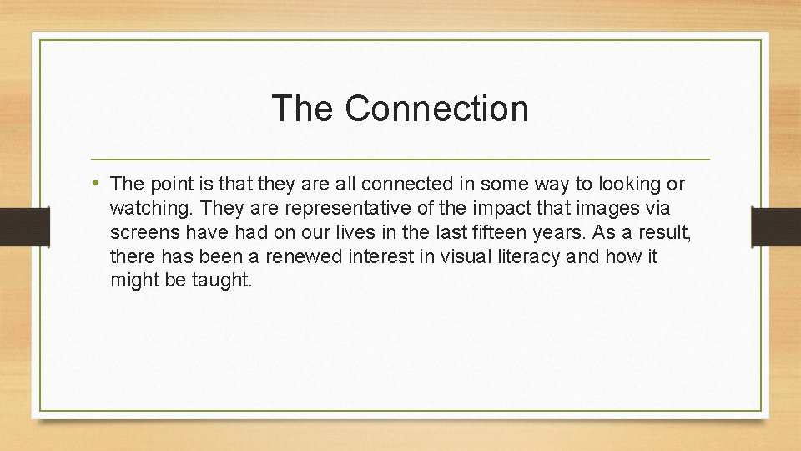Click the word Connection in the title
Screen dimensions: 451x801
(x=436, y=109)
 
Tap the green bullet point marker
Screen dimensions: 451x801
(x=98, y=182)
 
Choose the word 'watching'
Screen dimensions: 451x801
(x=146, y=208)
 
